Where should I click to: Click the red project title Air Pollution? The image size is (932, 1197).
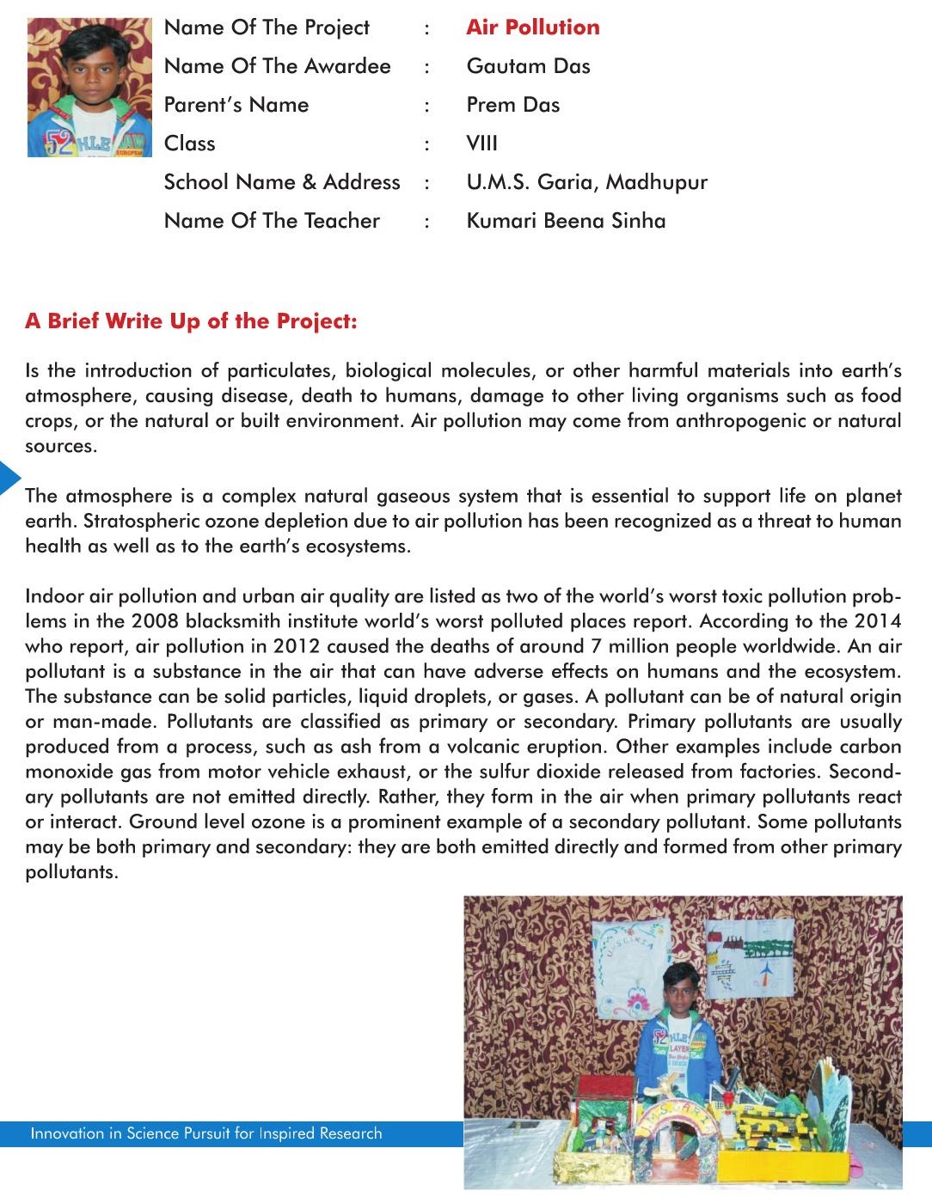coord(533,27)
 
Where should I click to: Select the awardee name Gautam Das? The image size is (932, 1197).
coord(528,66)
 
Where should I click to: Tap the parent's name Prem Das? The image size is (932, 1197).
coord(512,105)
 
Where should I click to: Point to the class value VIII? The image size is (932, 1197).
coord(481,144)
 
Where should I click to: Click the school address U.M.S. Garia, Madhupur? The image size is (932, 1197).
coord(586,182)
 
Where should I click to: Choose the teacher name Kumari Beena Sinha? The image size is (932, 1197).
coord(566,221)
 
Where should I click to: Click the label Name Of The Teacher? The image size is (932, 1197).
coord(272,221)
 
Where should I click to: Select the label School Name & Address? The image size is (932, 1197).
coord(282,182)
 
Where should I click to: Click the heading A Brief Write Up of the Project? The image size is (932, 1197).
coord(191,321)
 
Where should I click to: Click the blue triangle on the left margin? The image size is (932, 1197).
coord(9,478)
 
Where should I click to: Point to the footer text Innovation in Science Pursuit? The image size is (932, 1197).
coord(206,1133)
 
